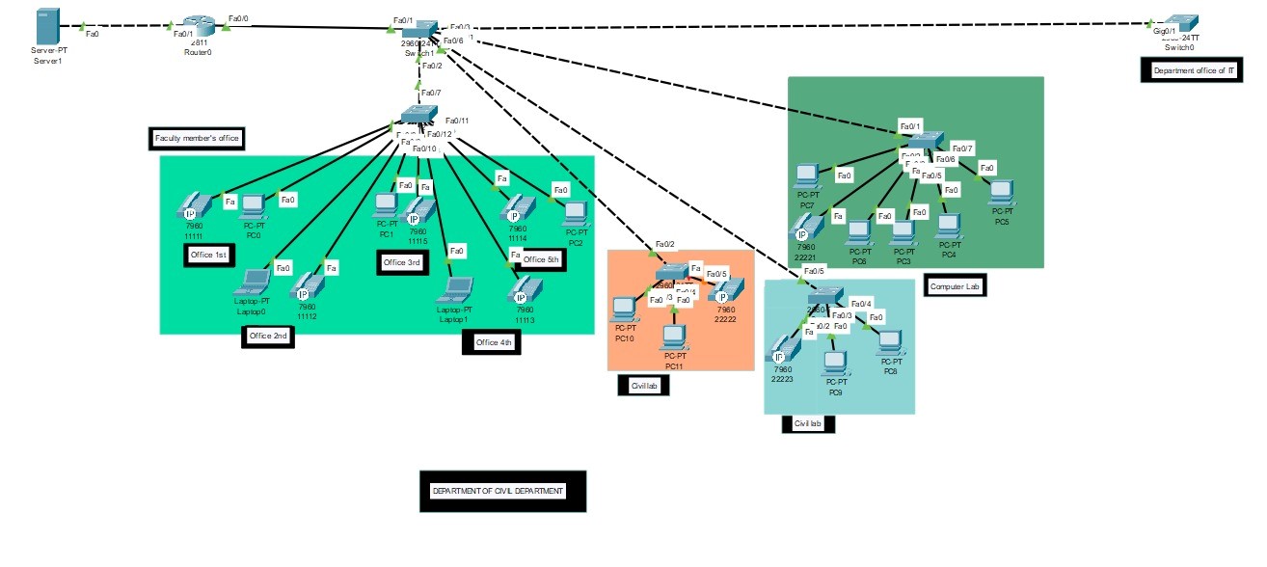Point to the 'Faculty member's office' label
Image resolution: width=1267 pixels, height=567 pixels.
(197, 139)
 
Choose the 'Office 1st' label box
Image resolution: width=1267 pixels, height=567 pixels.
(208, 254)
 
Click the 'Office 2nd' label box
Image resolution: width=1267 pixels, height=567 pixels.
(267, 336)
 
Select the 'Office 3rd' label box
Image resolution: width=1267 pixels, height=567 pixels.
(402, 262)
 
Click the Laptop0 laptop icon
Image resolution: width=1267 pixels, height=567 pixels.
(254, 283)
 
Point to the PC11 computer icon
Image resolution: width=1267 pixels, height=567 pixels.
(673, 337)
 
